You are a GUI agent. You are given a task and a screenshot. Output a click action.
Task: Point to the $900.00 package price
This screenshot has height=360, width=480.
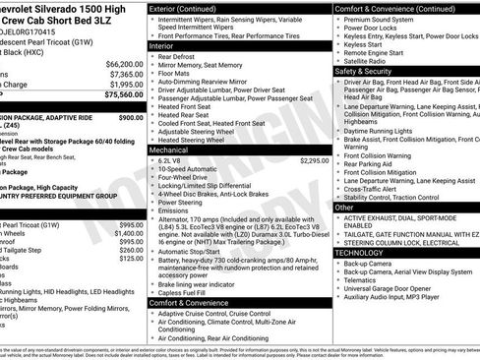tap(130, 117)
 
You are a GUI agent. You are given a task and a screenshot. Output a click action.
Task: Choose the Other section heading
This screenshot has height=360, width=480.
tap(344, 208)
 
